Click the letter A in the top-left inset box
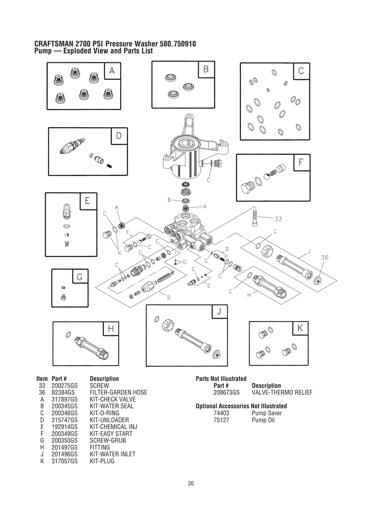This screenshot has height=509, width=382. click(112, 71)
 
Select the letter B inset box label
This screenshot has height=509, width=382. click(206, 70)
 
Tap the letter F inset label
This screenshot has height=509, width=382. click(301, 163)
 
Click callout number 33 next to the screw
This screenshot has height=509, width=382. click(278, 219)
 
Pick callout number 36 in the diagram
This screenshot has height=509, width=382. click(324, 257)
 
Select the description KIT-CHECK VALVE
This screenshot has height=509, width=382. click(113, 399)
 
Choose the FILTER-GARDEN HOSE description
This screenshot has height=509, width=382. click(118, 392)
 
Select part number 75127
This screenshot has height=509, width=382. click(221, 420)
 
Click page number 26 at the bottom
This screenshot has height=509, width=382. click(191, 483)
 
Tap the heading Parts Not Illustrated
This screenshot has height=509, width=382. click(221, 379)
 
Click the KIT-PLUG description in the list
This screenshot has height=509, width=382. click(102, 461)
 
